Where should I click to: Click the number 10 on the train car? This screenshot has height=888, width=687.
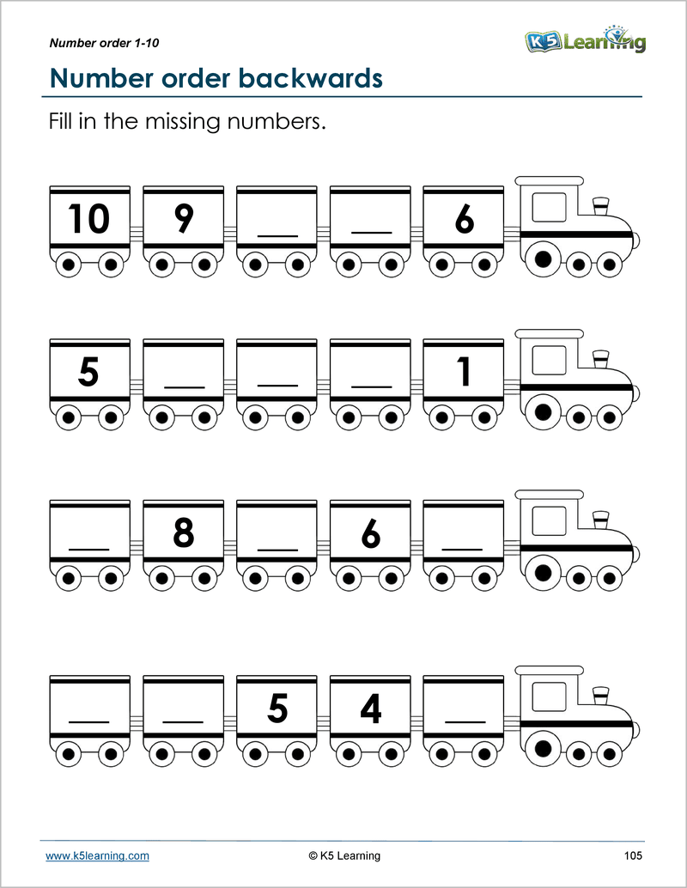88,219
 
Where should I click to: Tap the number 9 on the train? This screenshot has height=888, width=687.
183,219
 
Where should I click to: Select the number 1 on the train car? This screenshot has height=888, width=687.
465,374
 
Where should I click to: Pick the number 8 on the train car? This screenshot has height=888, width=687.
183,533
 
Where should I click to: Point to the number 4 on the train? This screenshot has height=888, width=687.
371,709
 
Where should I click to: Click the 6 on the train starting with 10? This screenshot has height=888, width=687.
465,219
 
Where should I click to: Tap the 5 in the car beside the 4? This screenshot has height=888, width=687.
277,709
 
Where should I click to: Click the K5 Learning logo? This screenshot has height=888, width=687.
585,40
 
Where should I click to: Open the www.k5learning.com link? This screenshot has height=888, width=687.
97,855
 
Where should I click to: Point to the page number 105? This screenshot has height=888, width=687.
634,855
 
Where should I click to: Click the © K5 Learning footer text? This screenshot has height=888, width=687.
343,855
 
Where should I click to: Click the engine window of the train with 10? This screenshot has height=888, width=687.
549,209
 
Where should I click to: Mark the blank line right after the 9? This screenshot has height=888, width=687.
277,234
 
